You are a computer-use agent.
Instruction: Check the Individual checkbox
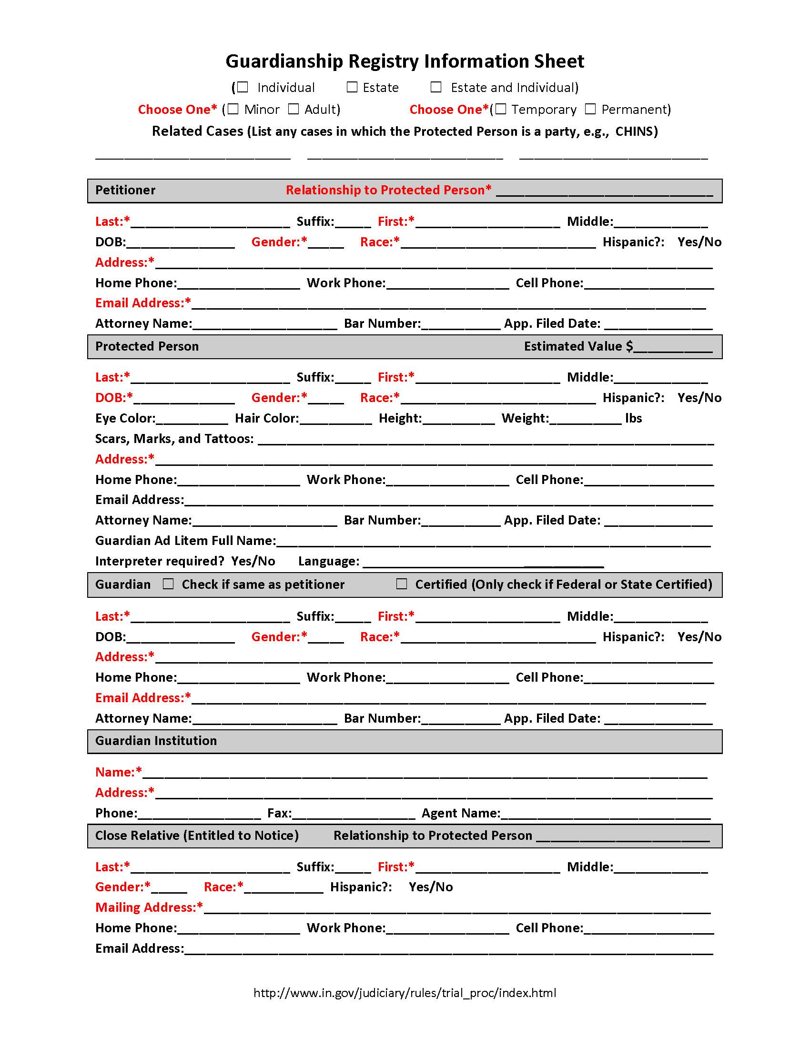[x=243, y=87]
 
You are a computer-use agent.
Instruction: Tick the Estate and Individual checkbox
[x=435, y=87]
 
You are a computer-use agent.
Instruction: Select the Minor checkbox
[x=233, y=109]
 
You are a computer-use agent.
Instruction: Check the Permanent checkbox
[x=590, y=109]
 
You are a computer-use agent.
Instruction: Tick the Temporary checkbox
[x=500, y=109]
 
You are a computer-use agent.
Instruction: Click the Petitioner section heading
[x=125, y=190]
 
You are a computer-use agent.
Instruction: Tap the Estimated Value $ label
[x=578, y=346]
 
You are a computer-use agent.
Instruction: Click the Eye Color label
[x=125, y=418]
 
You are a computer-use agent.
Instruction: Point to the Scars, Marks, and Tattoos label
[x=174, y=439]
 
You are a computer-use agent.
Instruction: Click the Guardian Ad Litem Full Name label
[x=185, y=541]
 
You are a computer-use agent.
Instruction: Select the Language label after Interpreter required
[x=328, y=561]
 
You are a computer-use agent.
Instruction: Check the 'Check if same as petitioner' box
[x=168, y=584]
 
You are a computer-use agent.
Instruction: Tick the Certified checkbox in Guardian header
[x=402, y=584]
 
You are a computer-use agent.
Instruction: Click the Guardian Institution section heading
[x=156, y=740]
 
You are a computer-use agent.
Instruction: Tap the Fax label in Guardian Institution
[x=279, y=813]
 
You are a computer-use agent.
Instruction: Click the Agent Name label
[x=461, y=813]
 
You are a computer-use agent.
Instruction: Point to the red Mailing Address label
[x=148, y=907]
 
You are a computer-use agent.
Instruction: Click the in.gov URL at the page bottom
[x=405, y=993]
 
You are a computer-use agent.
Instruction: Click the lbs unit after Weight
[x=633, y=418]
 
